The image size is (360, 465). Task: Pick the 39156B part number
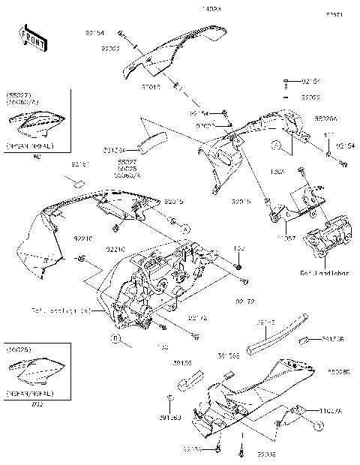click(334, 338)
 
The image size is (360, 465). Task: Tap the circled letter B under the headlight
click(116, 340)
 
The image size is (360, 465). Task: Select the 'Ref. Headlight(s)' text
click(61, 309)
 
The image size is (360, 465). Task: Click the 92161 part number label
click(80, 163)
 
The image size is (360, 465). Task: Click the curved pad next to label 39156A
click(154, 140)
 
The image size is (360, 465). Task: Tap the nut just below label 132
click(238, 265)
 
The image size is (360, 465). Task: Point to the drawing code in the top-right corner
click(332, 14)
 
